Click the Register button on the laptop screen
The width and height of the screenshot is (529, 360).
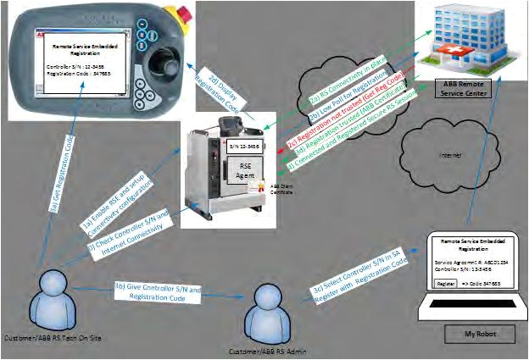440,284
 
